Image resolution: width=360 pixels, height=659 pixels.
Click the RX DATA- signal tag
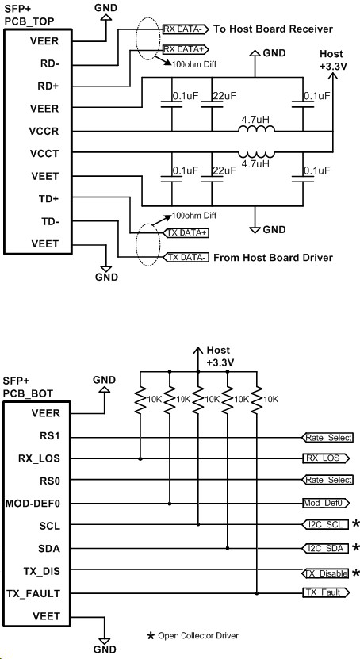tap(186, 29)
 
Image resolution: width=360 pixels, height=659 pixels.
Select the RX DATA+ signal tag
tap(186, 50)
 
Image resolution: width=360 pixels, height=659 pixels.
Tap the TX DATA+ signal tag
tap(186, 233)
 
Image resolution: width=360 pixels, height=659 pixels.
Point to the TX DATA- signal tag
tap(186, 257)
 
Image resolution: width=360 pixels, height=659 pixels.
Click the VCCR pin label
tap(44, 131)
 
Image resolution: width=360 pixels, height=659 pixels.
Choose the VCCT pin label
tap(44, 154)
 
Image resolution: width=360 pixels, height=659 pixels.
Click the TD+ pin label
tap(51, 199)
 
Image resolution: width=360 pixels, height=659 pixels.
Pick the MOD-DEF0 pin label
tap(33, 503)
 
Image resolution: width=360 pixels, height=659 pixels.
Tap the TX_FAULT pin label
tap(33, 593)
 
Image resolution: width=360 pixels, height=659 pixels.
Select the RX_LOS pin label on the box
tap(39, 458)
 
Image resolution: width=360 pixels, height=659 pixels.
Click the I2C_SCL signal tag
tap(326, 524)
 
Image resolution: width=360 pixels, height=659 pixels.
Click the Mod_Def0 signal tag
tap(326, 503)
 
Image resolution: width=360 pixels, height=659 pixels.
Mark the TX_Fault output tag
tap(326, 592)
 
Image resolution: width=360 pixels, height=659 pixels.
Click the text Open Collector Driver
tap(198, 635)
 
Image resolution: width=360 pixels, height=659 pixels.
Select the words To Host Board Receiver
tap(274, 29)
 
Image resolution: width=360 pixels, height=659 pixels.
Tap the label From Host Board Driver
tap(274, 257)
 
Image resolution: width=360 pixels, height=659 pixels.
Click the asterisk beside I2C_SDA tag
tap(356, 548)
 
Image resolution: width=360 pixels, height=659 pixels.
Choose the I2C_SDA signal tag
tap(326, 548)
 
